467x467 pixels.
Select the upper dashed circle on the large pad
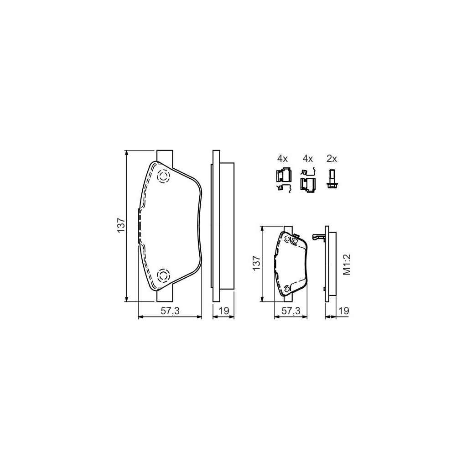163,176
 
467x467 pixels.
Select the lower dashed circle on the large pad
163,275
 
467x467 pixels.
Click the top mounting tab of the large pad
164,155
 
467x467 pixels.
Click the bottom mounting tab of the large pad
164,296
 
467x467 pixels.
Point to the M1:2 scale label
346,265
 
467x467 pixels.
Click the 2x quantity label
332,159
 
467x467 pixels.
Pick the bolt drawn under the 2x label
331,178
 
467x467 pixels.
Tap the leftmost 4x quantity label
282,159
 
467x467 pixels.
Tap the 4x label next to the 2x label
308,159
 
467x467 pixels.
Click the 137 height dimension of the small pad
256,264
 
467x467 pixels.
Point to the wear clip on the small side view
318,236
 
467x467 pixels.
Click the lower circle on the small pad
287,289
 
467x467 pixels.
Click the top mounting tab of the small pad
287,228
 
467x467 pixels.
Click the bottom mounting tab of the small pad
287,299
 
